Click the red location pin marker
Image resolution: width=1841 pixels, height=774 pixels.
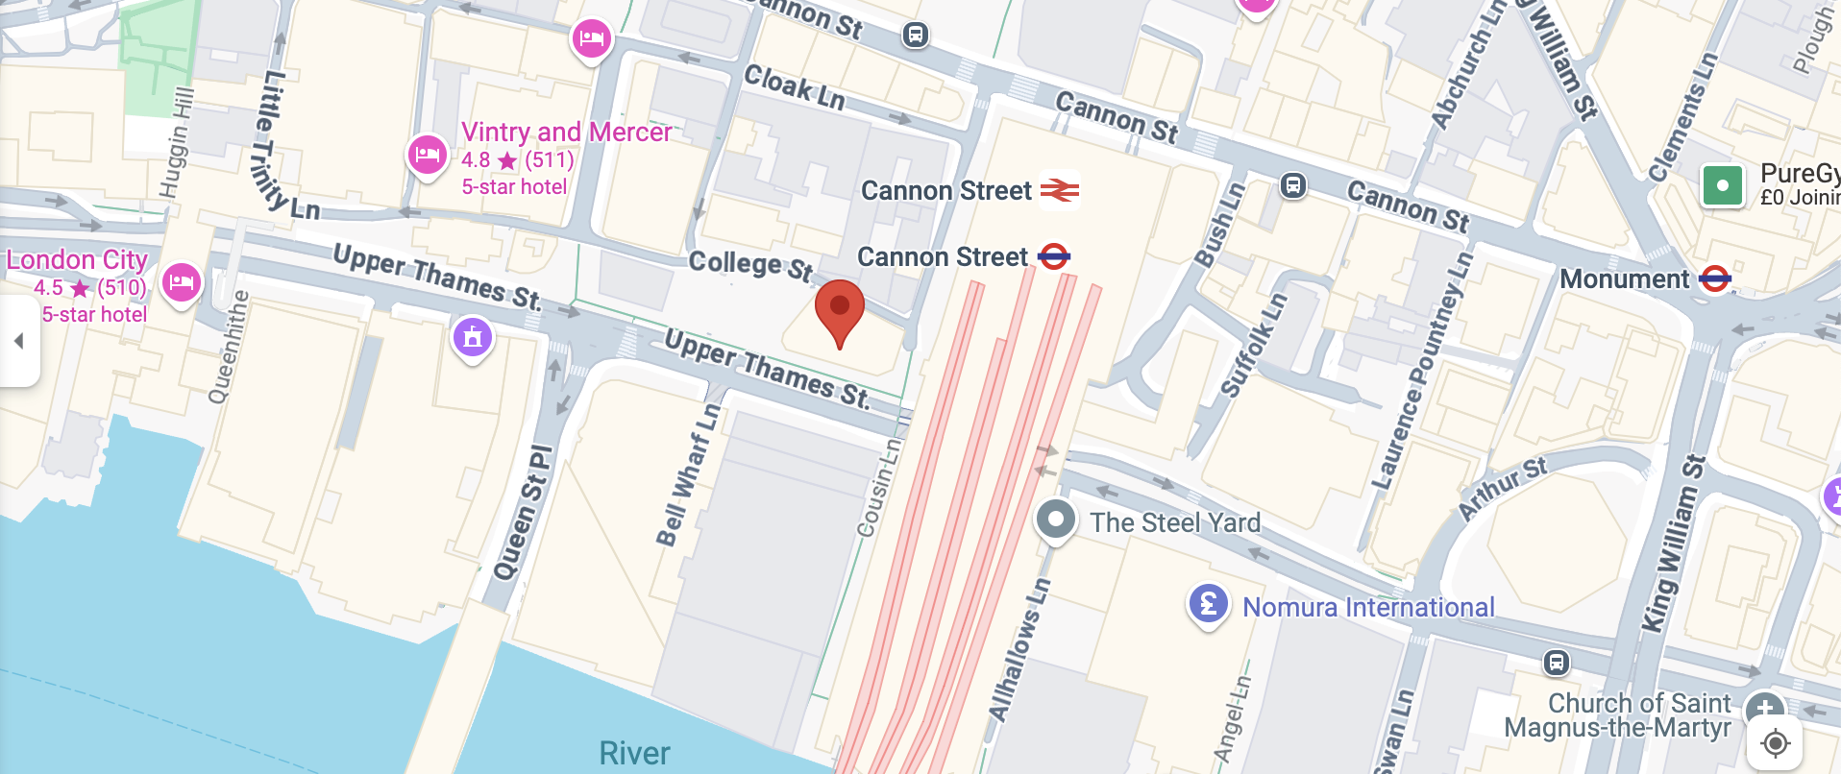coord(839,310)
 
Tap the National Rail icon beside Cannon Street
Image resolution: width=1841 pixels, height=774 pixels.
coord(1059,190)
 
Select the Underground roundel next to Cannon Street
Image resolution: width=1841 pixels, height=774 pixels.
coord(1054,256)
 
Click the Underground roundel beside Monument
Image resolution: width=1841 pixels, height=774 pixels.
coord(1715,279)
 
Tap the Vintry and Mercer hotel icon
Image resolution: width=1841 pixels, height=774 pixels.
coord(427,155)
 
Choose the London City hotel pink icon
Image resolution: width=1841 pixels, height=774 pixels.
coord(182,283)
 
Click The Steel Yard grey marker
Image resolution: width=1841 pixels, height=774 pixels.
coord(1055,520)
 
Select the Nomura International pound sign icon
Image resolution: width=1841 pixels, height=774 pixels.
coord(1208,605)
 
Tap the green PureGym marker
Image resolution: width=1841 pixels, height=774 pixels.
coord(1722,185)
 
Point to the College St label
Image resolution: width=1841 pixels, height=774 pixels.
coord(750,264)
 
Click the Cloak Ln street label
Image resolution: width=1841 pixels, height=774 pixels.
coord(795,87)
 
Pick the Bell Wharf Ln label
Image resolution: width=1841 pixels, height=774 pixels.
coord(688,474)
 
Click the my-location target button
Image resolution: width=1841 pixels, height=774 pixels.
coord(1775,742)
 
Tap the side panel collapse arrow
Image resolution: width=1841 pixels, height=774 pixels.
coord(18,341)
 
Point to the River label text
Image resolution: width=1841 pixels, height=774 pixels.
coord(634,753)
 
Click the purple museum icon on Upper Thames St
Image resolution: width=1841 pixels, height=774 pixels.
coord(472,337)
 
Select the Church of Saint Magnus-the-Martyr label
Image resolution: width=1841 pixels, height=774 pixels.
coord(1618,715)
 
